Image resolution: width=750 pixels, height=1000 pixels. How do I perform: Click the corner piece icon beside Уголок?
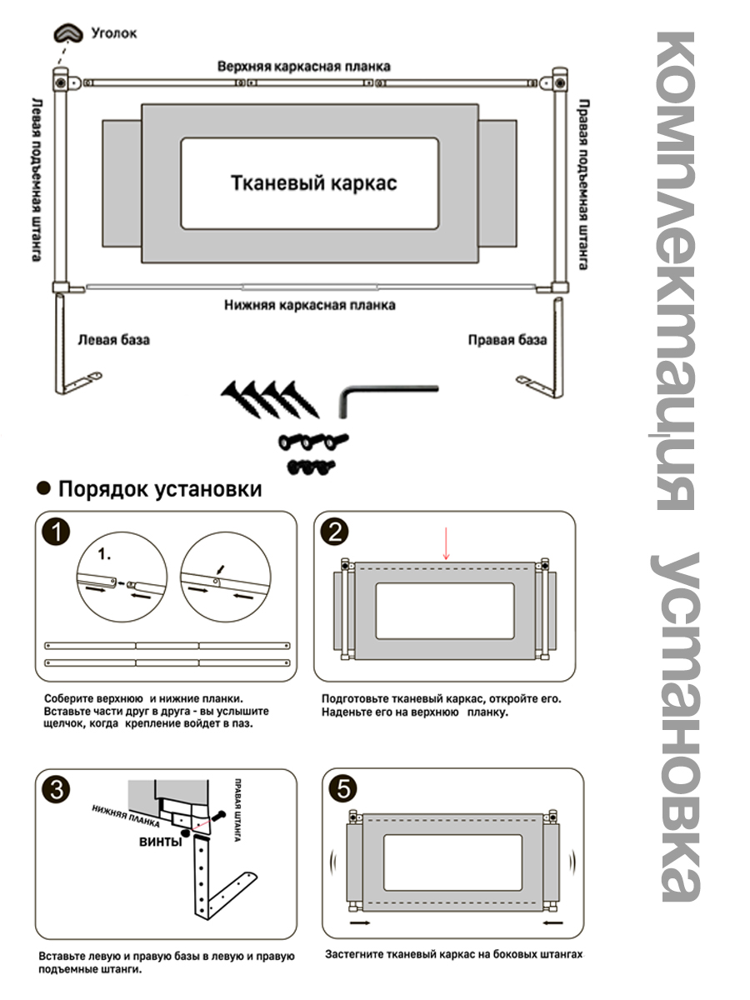[x=67, y=33]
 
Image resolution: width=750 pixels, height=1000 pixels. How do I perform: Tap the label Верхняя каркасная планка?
[x=303, y=66]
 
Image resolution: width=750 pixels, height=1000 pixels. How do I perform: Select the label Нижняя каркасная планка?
[x=309, y=305]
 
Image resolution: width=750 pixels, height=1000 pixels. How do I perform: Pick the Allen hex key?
[x=382, y=397]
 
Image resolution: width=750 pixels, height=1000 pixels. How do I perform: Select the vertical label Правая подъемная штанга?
[x=584, y=185]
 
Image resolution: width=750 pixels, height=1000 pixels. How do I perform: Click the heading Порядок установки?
[x=159, y=489]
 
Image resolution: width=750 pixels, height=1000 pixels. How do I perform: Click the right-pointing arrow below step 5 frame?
[x=361, y=923]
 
